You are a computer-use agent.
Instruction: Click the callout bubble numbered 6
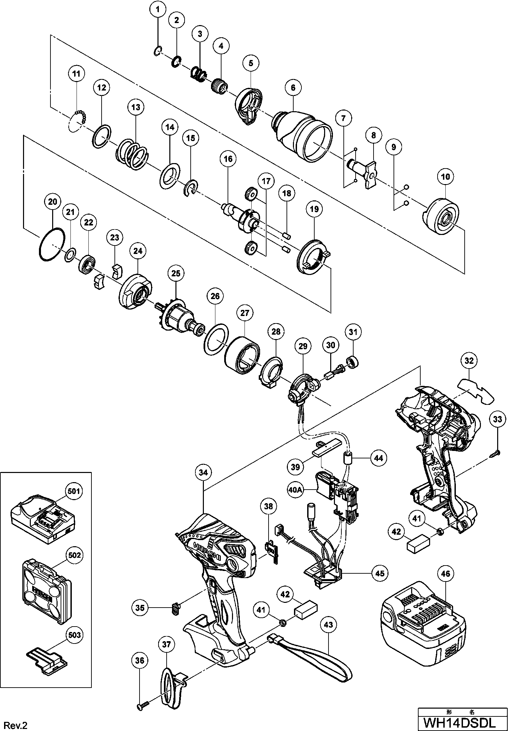click(x=293, y=87)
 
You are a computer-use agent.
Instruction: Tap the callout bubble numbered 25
click(x=176, y=273)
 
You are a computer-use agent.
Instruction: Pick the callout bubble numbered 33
click(x=498, y=419)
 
